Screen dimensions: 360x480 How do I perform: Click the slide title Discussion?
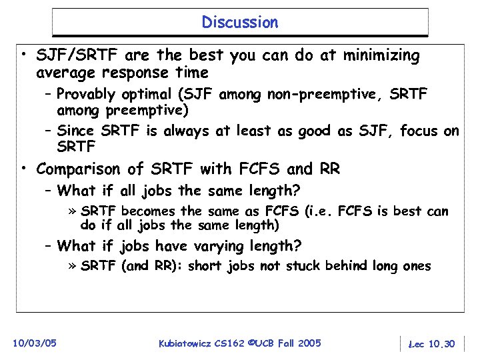(240, 23)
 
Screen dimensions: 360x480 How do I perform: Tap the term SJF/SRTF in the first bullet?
(69, 56)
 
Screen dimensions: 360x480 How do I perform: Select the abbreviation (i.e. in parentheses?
(319, 212)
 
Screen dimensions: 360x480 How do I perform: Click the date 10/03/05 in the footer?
(35, 343)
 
